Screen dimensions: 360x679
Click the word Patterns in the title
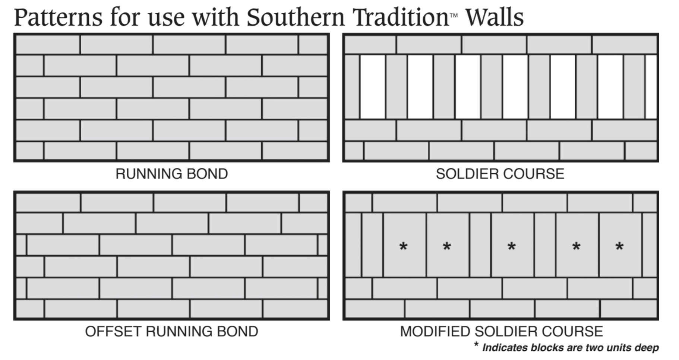click(x=58, y=17)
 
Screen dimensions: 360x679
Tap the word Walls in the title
click(x=494, y=17)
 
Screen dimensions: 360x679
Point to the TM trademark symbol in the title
click(x=454, y=15)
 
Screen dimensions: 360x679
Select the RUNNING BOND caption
click(x=171, y=174)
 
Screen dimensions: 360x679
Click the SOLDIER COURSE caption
click(x=500, y=174)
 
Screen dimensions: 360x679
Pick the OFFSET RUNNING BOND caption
click(x=171, y=332)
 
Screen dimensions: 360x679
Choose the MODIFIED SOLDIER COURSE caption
click(x=501, y=332)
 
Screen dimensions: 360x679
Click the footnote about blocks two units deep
click(x=570, y=348)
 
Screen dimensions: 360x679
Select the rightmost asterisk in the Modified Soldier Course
click(x=619, y=246)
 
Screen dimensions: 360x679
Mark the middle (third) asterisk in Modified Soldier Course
click(x=512, y=246)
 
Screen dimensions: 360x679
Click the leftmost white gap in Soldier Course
click(x=372, y=86)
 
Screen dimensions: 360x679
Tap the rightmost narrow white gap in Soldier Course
click(x=651, y=86)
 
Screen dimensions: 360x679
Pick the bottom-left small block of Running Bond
click(x=29, y=151)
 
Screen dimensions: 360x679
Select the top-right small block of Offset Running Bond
click(x=313, y=202)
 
